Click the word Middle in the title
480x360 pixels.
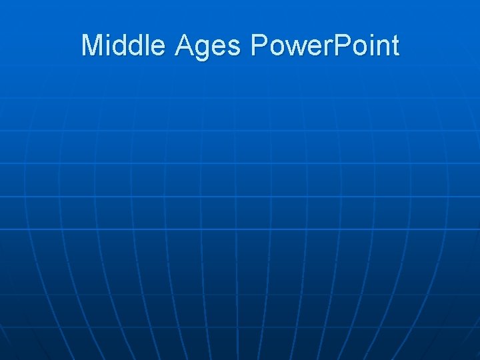point(125,45)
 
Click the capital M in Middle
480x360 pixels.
point(92,45)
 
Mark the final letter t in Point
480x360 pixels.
point(395,46)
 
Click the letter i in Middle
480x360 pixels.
point(108,45)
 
